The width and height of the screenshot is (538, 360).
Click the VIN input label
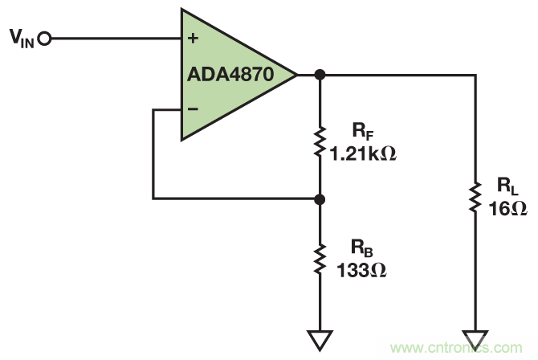pos(19,39)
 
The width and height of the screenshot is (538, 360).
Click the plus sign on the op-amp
pos(193,38)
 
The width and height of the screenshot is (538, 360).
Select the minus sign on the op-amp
pos(193,108)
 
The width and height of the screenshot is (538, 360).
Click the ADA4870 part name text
pos(230,75)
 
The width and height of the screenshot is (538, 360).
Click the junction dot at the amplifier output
pos(320,75)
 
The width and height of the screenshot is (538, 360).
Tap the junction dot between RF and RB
pos(320,198)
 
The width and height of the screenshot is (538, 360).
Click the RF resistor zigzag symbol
pos(320,141)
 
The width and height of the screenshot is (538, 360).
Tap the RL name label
pos(507,187)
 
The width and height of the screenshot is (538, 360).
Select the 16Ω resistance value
pos(507,208)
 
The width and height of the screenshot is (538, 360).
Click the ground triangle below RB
pos(320,340)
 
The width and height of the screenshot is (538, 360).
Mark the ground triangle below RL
pos(475,340)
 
